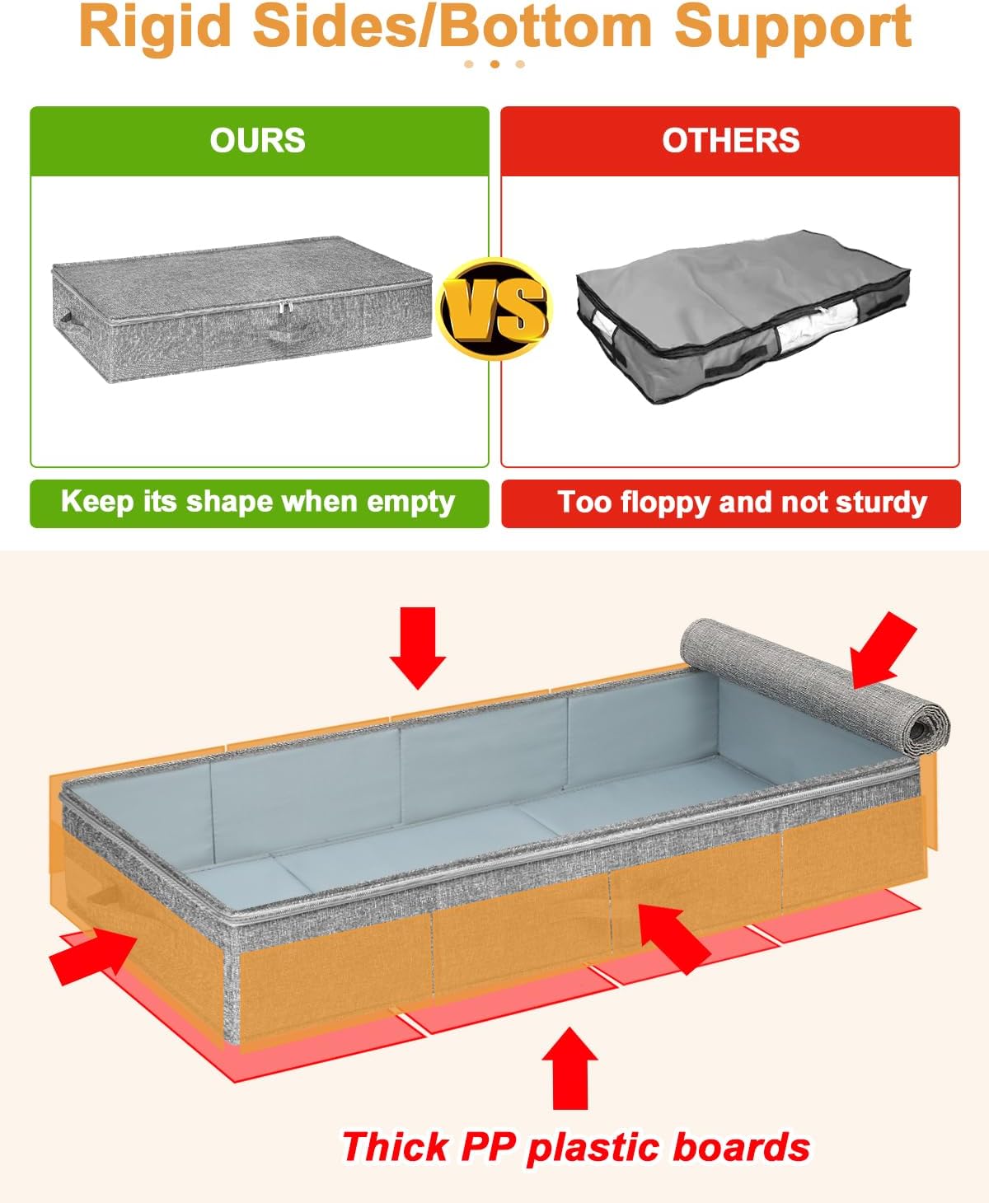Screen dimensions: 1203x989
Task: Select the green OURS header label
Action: click(257, 140)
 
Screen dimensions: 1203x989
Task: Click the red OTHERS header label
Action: click(730, 140)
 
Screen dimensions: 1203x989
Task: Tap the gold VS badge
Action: click(494, 308)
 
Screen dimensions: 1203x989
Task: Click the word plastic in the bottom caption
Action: click(593, 1148)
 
